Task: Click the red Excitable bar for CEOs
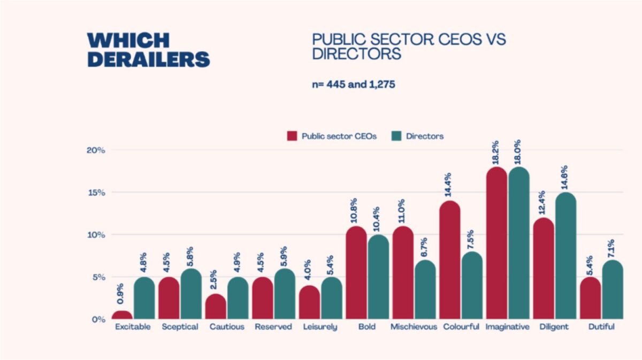click(123, 315)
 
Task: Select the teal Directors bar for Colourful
click(472, 286)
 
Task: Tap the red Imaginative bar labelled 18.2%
click(496, 243)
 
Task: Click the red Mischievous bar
click(403, 273)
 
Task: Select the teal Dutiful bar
click(613, 290)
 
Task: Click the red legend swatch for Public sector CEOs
click(292, 136)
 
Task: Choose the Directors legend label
click(425, 136)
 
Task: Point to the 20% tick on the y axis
click(96, 150)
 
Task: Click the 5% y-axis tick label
click(97, 277)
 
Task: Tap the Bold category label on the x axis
click(368, 327)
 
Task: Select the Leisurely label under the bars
click(320, 327)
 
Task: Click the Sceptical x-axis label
click(180, 327)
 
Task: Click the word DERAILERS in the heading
click(149, 59)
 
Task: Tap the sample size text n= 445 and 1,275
click(354, 84)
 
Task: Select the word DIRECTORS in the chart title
click(356, 54)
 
